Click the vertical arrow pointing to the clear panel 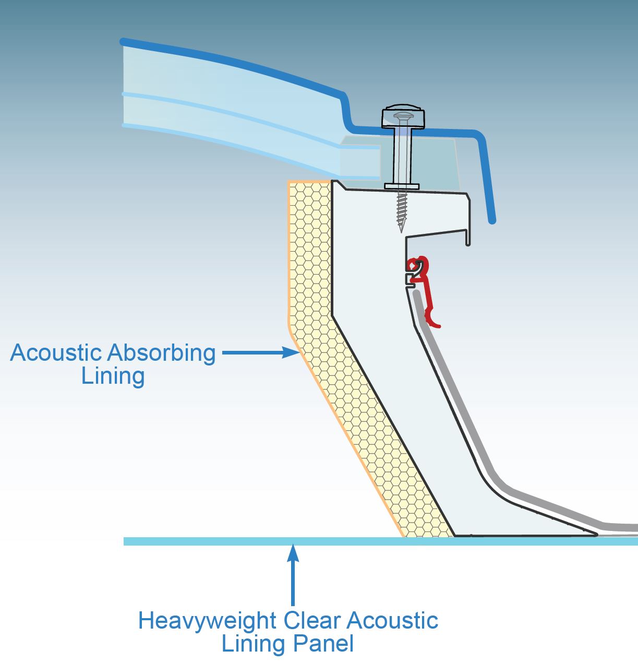[293, 574]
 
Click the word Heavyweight [207, 621]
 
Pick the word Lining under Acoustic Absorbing [113, 376]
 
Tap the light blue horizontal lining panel [261, 541]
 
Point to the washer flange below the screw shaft [401, 186]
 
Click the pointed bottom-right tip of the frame [595, 534]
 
